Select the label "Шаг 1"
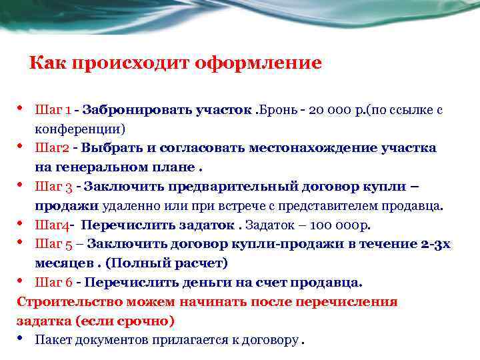coord(53,109)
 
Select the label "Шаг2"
coord(51,147)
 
